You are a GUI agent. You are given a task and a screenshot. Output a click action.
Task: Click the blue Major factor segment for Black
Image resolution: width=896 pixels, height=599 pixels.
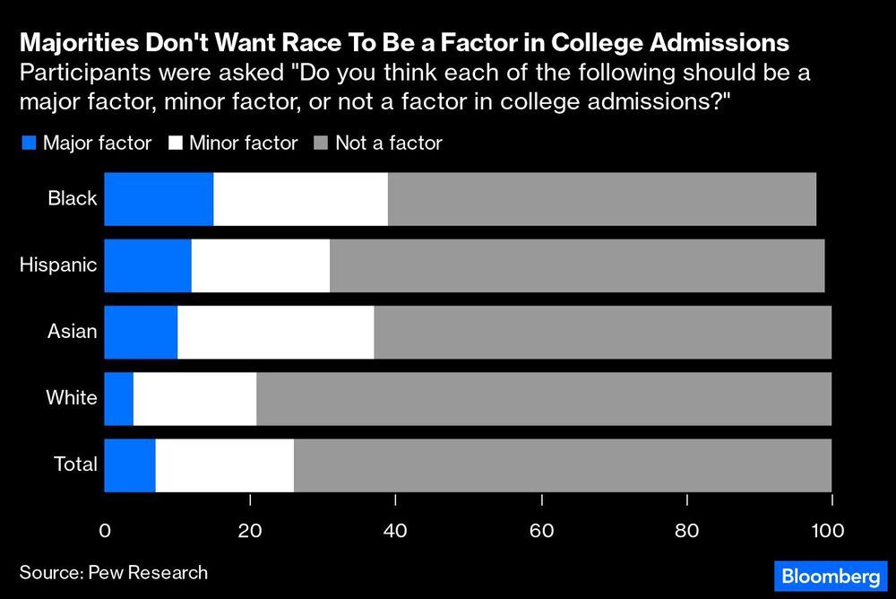(x=159, y=199)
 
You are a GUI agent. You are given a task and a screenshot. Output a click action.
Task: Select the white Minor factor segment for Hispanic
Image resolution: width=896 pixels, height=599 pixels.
(x=261, y=265)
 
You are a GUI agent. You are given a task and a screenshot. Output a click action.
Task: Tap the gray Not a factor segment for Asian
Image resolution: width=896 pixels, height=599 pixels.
(x=602, y=332)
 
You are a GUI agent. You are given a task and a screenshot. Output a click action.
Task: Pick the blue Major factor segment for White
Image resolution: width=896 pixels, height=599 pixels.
(x=118, y=398)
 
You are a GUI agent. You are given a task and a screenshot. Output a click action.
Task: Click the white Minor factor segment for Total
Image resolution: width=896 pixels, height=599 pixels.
(x=224, y=464)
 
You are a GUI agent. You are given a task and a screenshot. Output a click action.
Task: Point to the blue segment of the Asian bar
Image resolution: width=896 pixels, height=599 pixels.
(x=141, y=332)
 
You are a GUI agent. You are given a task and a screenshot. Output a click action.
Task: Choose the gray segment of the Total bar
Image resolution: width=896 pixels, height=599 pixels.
(x=562, y=464)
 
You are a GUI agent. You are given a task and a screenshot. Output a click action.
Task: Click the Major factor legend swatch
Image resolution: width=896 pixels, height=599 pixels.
(x=28, y=143)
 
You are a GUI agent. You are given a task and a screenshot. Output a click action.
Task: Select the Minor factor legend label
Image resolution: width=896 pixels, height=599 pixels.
(x=244, y=143)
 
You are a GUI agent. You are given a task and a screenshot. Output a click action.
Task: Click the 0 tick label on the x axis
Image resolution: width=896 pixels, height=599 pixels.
(x=105, y=531)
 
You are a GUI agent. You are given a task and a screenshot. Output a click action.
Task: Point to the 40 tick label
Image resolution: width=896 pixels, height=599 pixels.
(x=395, y=531)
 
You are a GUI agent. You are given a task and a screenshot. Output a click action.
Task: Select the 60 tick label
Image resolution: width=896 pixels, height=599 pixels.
(x=541, y=531)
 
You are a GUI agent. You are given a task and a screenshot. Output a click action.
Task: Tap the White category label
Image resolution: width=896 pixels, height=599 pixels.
(x=72, y=398)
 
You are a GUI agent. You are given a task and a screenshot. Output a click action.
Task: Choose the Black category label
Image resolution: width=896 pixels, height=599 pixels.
(x=73, y=199)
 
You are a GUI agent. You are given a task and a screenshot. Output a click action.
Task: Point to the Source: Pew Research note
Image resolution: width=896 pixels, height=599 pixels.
(x=113, y=572)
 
